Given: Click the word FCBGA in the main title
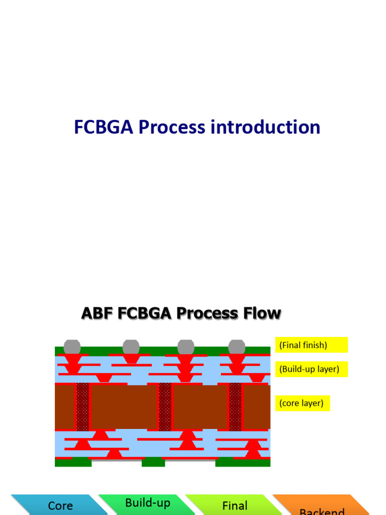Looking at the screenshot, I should pyautogui.click(x=104, y=127).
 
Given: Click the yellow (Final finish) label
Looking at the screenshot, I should pyautogui.click(x=311, y=345).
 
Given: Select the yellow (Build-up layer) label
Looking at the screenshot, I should pyautogui.click(x=312, y=369).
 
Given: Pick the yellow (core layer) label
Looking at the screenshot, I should pyautogui.click(x=303, y=403).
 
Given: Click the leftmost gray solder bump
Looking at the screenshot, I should pyautogui.click(x=72, y=347).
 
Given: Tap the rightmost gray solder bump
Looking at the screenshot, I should pyautogui.click(x=237, y=347).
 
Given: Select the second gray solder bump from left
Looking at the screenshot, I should pyautogui.click(x=131, y=347).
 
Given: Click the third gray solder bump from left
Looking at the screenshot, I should pyautogui.click(x=186, y=347).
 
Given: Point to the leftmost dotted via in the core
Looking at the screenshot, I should pyautogui.click(x=83, y=406).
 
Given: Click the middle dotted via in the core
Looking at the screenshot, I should pyautogui.click(x=165, y=406).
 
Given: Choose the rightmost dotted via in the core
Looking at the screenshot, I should pyautogui.click(x=235, y=406).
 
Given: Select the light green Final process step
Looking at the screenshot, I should pyautogui.click(x=234, y=505).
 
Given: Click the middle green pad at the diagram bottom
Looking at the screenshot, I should pyautogui.click(x=153, y=462).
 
